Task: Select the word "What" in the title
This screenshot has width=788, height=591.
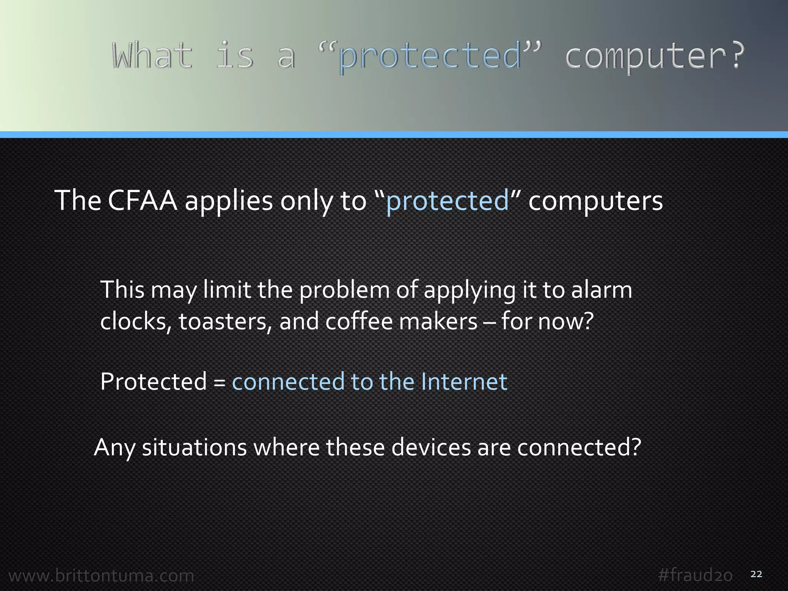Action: tap(152, 56)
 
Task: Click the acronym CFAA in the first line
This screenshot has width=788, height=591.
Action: tap(143, 200)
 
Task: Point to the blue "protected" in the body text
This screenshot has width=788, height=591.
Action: tap(447, 200)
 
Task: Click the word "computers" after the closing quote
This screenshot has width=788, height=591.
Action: tap(596, 200)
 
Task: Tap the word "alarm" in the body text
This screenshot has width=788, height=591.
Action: tap(601, 290)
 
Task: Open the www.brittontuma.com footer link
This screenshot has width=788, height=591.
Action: tap(101, 576)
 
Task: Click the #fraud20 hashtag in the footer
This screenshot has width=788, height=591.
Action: tap(695, 576)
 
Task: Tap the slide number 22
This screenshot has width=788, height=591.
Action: tap(756, 574)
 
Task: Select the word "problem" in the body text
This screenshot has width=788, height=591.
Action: tap(344, 290)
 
